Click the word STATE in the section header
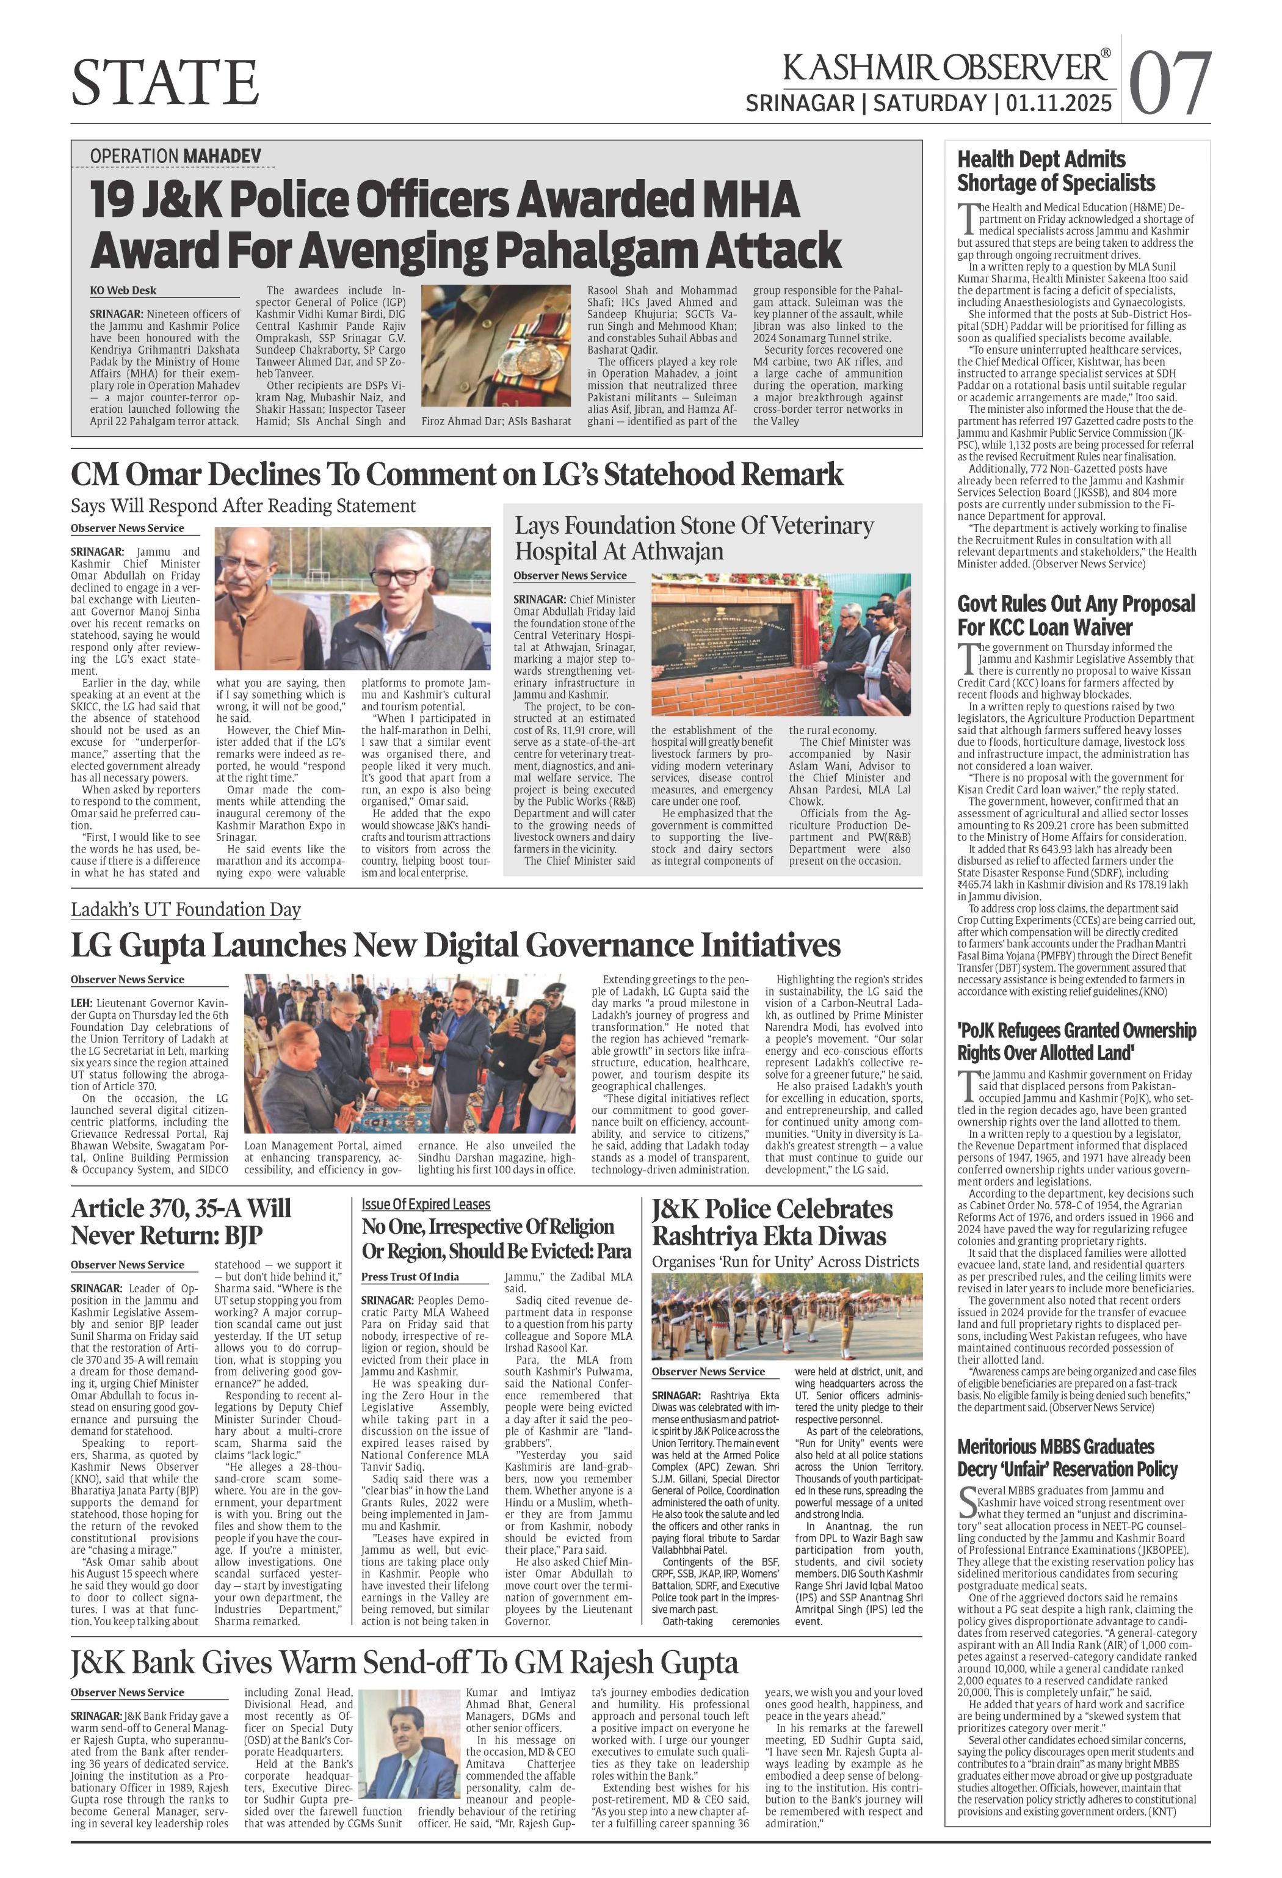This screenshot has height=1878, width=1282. [165, 82]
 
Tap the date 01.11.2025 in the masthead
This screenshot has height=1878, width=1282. [1060, 103]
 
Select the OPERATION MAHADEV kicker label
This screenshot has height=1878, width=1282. [175, 155]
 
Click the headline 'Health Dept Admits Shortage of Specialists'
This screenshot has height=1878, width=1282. [1055, 170]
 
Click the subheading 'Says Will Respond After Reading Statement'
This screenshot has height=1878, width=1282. [243, 506]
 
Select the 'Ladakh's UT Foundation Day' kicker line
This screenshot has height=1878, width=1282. [186, 909]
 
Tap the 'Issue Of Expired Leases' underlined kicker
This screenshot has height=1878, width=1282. [426, 1204]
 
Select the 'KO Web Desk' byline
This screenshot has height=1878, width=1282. [123, 290]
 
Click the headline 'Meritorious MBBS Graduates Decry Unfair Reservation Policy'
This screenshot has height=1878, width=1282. [1067, 1457]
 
